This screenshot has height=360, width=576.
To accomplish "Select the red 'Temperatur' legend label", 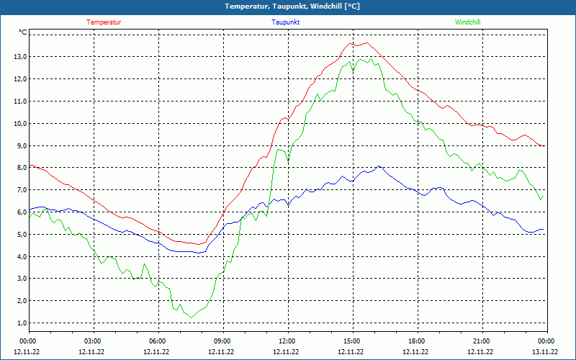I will pyautogui.click(x=104, y=22).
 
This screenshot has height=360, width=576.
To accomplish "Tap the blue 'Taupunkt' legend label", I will pyautogui.click(x=286, y=22).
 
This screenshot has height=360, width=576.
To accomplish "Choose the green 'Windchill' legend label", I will pyautogui.click(x=468, y=22).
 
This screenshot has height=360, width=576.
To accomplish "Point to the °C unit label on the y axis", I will pyautogui.click(x=23, y=32).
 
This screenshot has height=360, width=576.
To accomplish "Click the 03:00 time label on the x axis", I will pyautogui.click(x=93, y=341).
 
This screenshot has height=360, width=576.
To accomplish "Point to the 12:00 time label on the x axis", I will pyautogui.click(x=287, y=341).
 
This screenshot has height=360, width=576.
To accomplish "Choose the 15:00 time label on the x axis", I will pyautogui.click(x=352, y=341).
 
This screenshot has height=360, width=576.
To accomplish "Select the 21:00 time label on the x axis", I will pyautogui.click(x=482, y=341).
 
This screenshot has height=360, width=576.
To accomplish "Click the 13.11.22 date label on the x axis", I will pyautogui.click(x=544, y=352).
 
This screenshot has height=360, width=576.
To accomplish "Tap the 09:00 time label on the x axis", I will pyautogui.click(x=222, y=341).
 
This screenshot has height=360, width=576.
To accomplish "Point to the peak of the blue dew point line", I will pyautogui.click(x=379, y=166).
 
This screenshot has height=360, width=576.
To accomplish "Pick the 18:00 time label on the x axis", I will pyautogui.click(x=417, y=341).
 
